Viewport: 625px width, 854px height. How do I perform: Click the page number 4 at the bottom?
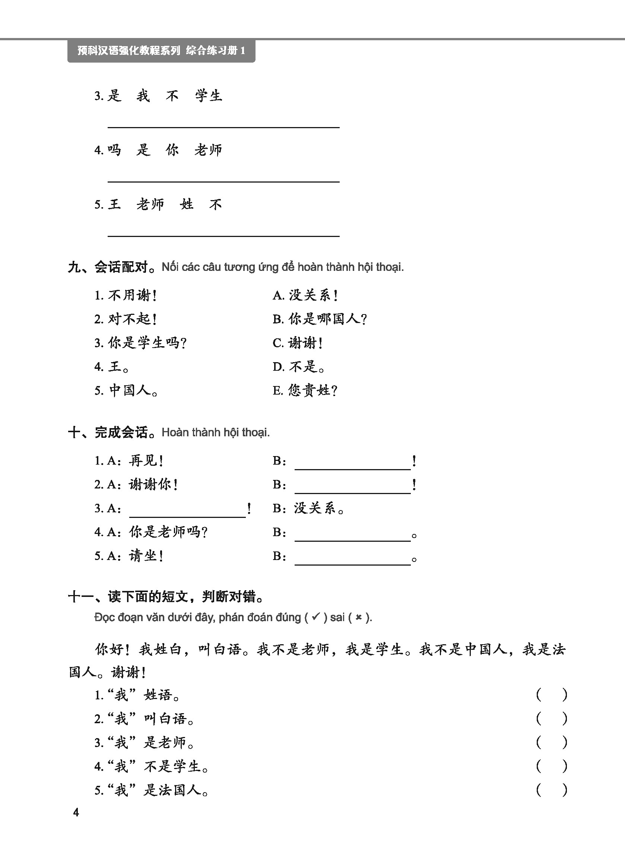pos(76,812)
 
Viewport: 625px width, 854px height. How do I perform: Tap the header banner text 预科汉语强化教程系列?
pos(129,50)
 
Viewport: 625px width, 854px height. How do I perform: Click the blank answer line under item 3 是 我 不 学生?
pos(223,127)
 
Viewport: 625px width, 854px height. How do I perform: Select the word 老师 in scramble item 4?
pos(208,150)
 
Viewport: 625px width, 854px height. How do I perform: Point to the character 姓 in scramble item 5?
pos(187,205)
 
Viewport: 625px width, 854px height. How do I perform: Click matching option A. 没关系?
pos(305,295)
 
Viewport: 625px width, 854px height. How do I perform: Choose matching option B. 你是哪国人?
pos(320,319)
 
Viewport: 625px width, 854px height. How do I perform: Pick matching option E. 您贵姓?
pos(305,390)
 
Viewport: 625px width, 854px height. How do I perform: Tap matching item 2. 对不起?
pos(126,319)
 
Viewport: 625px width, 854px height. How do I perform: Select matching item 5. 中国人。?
pos(126,390)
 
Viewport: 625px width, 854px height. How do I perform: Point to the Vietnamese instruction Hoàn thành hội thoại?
pos(216,432)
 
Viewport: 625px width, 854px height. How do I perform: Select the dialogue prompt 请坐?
pos(146,556)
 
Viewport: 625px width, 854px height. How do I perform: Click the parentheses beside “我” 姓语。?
pos(552,695)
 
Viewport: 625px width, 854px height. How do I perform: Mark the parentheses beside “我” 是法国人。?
pos(552,790)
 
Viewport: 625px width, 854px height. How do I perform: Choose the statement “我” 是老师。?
pos(150,742)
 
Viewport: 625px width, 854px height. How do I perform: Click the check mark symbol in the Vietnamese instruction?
pos(315,617)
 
